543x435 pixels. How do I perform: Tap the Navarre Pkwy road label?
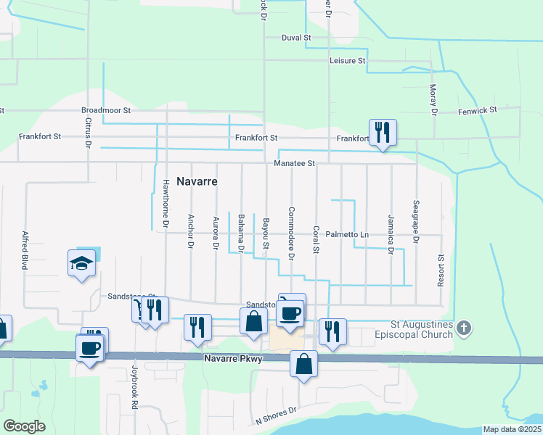click(x=231, y=359)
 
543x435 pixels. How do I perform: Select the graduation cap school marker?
click(x=82, y=264)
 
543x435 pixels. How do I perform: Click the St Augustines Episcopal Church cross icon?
click(x=465, y=329)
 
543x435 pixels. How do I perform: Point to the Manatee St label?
click(x=294, y=164)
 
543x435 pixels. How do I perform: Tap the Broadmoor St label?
click(x=105, y=111)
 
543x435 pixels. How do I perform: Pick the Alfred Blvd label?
click(x=25, y=250)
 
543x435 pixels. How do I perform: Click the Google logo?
click(x=24, y=426)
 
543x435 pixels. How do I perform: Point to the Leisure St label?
click(x=347, y=61)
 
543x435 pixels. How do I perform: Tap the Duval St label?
click(x=297, y=37)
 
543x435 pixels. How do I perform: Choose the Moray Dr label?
click(x=433, y=100)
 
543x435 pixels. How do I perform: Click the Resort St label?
click(x=440, y=269)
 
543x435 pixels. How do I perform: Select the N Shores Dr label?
click(x=277, y=415)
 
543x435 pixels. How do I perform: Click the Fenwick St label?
click(x=477, y=111)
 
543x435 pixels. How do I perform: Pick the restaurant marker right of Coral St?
click(x=332, y=332)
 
